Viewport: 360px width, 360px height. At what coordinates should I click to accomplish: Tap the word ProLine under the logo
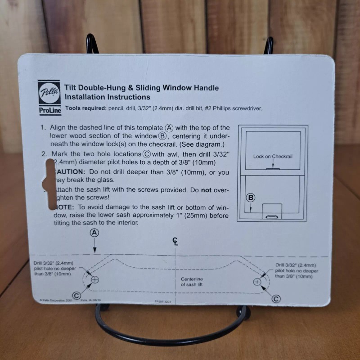(x=47, y=109)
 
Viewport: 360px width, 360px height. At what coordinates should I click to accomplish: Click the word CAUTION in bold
(x=69, y=172)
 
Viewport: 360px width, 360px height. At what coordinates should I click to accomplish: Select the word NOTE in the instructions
(x=65, y=207)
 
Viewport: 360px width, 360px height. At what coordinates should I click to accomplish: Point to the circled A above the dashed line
(x=94, y=233)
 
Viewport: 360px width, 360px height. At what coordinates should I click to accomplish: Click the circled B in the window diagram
(x=251, y=198)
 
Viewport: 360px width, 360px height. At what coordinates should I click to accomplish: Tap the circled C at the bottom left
(x=76, y=295)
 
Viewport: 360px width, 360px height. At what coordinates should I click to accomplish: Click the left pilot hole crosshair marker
(x=95, y=279)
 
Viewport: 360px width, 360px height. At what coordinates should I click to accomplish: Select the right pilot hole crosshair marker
(x=257, y=282)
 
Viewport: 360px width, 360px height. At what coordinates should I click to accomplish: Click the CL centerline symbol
(x=175, y=242)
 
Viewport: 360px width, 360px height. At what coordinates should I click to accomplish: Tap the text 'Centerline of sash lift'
(x=192, y=282)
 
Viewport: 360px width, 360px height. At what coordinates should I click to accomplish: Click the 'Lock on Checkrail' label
(x=273, y=156)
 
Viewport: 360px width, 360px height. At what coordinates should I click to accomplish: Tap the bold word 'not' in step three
(x=206, y=190)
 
